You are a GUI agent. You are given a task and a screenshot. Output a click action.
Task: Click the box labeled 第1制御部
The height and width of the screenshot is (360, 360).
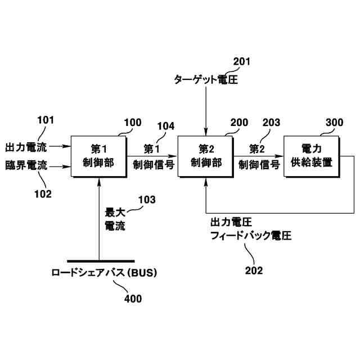99,156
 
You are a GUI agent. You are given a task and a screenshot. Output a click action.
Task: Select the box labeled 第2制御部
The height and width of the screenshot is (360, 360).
206,156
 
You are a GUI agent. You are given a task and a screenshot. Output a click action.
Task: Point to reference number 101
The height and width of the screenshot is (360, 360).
46,119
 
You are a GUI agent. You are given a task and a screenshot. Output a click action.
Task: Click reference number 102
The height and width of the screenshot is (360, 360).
43,194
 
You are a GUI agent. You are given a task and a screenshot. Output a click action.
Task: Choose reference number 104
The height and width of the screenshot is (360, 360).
165,127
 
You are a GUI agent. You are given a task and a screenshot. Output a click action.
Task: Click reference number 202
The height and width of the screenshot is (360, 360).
254,270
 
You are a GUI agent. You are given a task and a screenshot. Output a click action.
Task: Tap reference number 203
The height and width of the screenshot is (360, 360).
271,122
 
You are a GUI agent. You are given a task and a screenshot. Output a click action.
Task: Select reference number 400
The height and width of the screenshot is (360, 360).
133,299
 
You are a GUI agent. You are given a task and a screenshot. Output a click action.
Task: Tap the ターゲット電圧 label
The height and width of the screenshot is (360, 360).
205,80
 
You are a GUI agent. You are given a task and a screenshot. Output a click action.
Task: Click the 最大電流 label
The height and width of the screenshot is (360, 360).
115,219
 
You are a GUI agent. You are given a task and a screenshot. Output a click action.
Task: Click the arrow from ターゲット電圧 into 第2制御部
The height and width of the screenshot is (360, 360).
206,112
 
